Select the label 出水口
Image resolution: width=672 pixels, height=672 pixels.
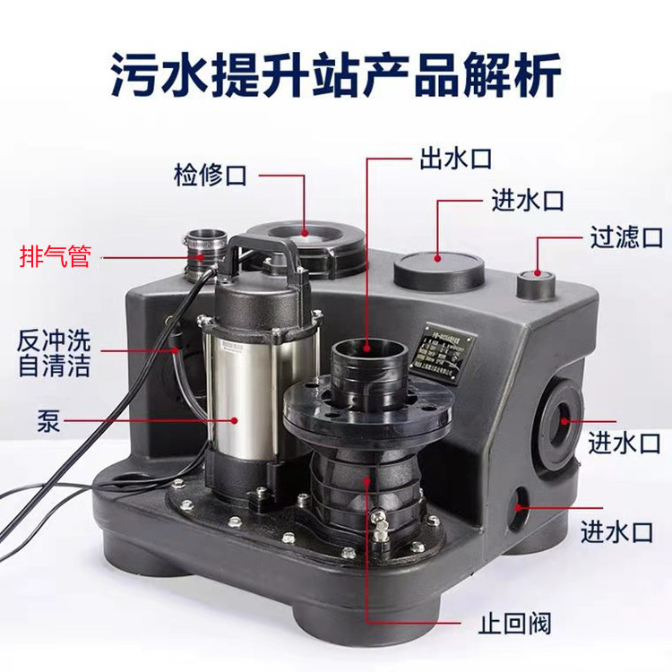click(x=455, y=160)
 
